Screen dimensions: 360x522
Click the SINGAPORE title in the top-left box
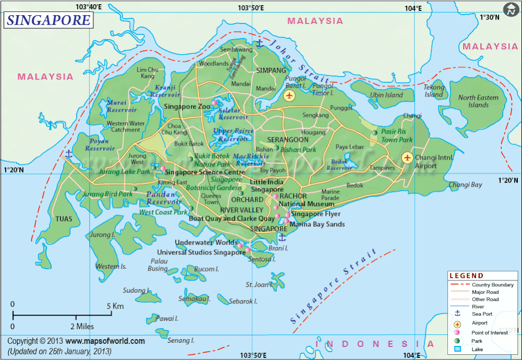49,20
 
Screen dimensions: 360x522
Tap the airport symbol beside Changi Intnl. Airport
407,158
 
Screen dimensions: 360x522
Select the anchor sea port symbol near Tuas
68,154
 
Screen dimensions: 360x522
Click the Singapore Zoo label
187,106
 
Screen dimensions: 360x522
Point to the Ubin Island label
386,95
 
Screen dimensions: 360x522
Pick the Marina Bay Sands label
317,224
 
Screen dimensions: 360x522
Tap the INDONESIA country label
374,344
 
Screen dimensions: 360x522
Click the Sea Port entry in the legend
482,314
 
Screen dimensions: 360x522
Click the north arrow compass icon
511,9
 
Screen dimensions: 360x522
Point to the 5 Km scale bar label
115,306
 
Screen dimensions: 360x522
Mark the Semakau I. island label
194,299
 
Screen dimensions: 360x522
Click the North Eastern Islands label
478,101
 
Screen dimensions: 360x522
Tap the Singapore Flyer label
316,214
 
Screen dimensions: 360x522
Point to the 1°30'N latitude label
489,17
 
